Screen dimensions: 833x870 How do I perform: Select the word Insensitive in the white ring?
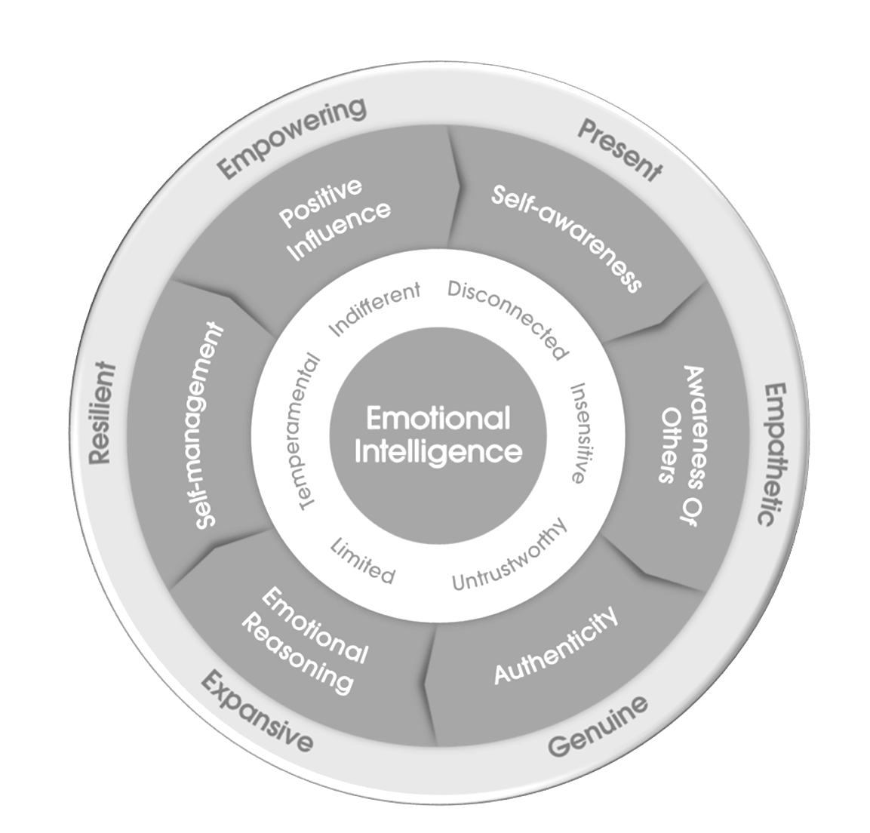(x=579, y=433)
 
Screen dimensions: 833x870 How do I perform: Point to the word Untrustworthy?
(x=509, y=557)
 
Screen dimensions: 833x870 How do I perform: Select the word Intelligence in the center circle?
(x=438, y=451)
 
